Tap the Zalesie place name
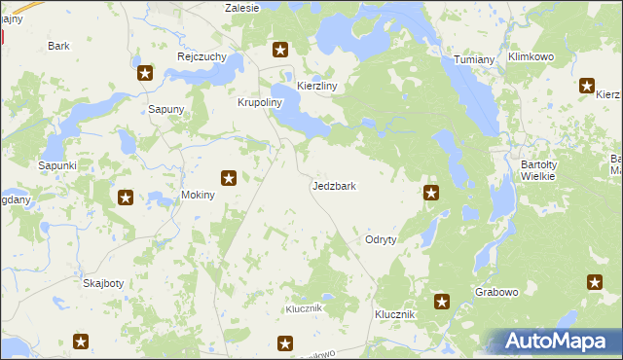pyautogui.click(x=241, y=8)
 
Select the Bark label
pyautogui.click(x=58, y=46)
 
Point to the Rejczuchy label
pyautogui.click(x=202, y=56)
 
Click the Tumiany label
pyautogui.click(x=475, y=60)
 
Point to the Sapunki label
pyautogui.click(x=56, y=166)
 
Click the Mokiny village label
pyautogui.click(x=199, y=195)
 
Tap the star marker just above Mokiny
pyautogui.click(x=229, y=178)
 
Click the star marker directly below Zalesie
pyautogui.click(x=280, y=51)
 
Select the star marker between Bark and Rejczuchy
pyautogui.click(x=145, y=72)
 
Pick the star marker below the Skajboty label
pyautogui.click(x=81, y=342)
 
